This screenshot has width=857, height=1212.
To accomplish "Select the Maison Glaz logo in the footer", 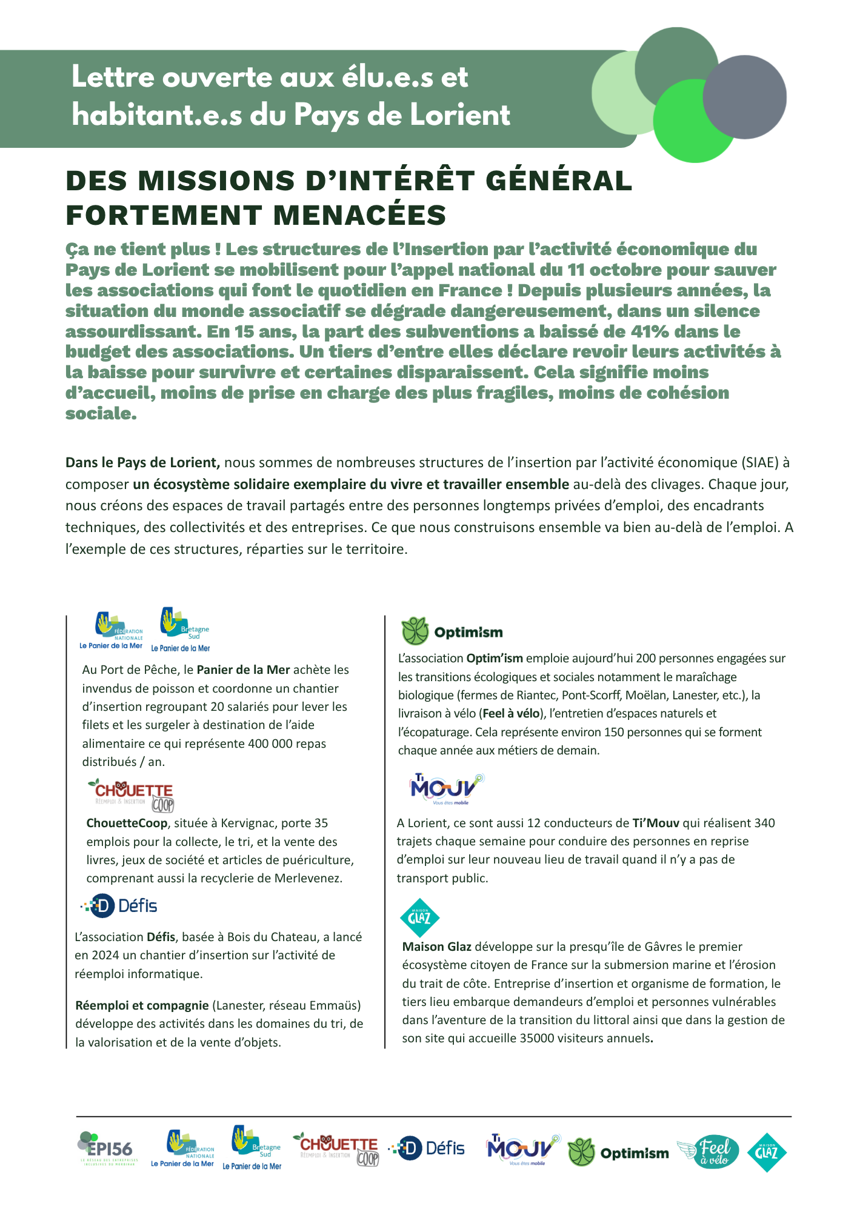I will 767,1152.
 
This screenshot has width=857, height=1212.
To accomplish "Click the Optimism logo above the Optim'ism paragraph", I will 452,631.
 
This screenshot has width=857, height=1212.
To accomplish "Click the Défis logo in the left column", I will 120,906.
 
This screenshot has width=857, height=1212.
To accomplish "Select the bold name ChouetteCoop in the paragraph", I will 127,823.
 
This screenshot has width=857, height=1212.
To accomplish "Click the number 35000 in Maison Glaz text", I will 536,1038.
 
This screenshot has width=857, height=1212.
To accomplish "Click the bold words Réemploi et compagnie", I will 142,1005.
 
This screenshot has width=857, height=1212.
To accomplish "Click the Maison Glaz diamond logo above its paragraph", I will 420,917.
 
